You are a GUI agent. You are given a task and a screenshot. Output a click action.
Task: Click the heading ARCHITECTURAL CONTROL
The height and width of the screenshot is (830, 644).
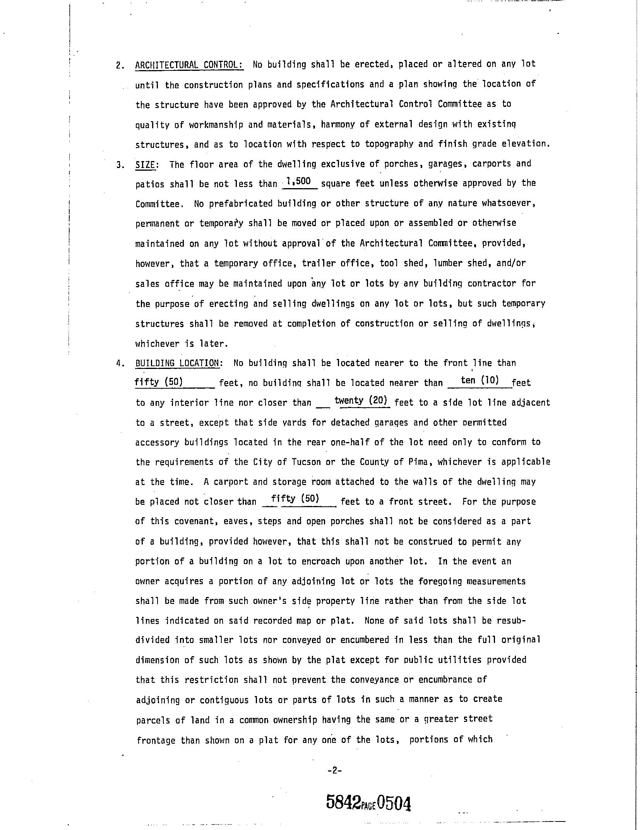click(189, 64)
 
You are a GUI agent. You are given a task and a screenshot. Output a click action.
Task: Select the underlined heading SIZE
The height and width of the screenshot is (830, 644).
click(146, 164)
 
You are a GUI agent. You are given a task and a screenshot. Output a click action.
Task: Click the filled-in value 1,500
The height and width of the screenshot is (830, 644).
click(300, 181)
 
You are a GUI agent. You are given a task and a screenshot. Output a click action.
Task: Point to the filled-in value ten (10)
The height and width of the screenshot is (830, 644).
click(480, 380)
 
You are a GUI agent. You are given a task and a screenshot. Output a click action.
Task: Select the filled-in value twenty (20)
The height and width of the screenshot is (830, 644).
click(361, 400)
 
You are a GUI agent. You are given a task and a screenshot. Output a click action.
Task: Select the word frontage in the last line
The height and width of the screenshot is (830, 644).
click(156, 741)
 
